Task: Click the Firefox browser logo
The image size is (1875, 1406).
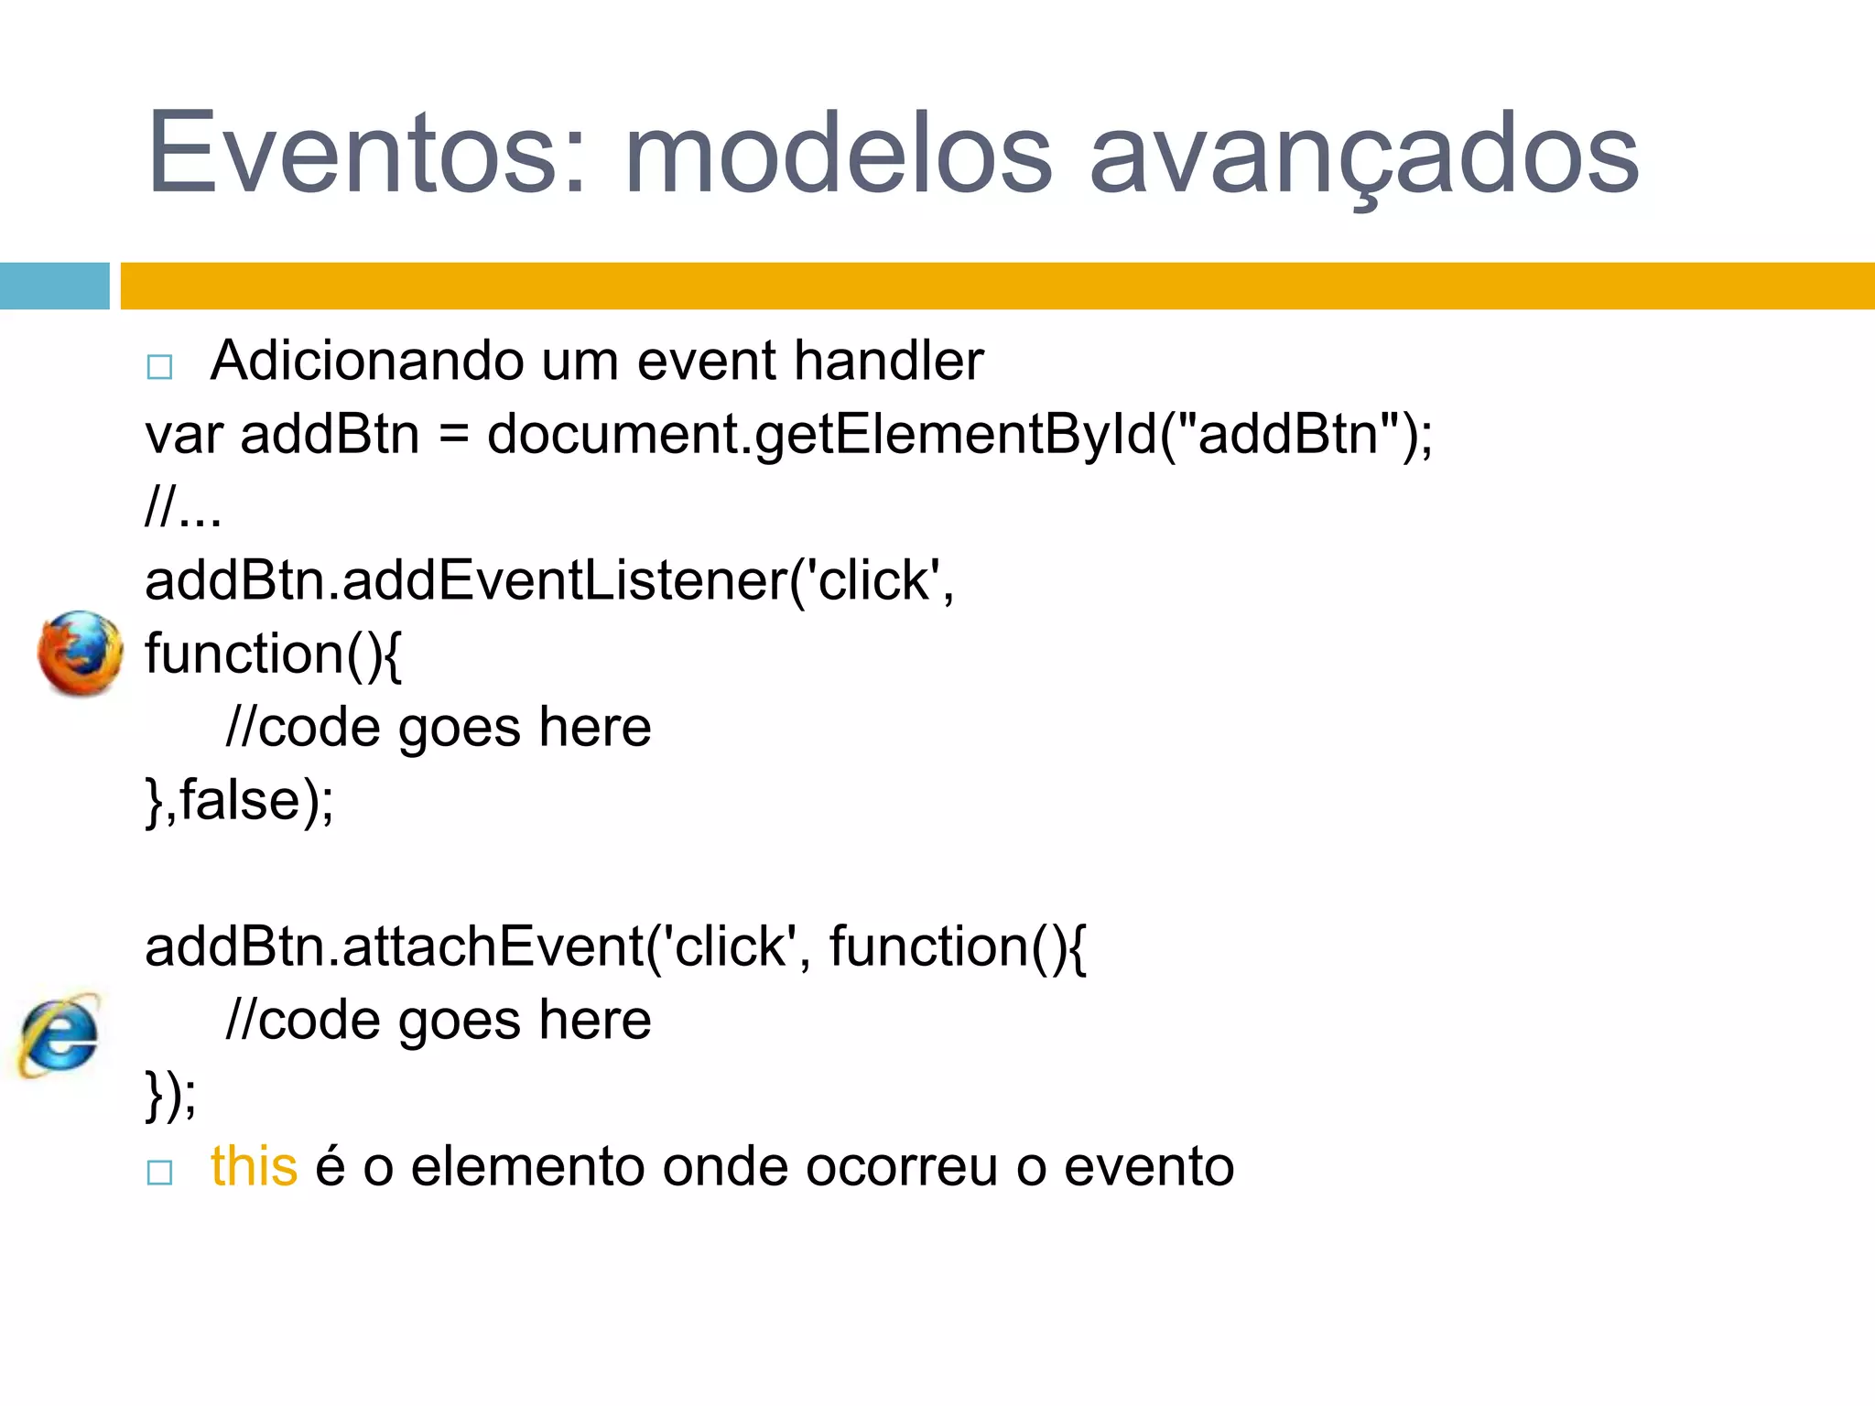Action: coord(80,654)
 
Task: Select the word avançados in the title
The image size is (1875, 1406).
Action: coord(1364,154)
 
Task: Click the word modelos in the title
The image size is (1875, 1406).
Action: coord(838,154)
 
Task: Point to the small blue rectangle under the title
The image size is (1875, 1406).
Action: coord(54,286)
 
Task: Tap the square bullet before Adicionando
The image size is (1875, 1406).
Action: coord(159,367)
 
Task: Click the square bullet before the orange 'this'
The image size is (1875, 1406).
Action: coord(159,1173)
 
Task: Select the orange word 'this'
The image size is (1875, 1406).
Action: coord(254,1167)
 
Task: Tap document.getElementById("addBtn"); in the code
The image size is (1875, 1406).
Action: coord(959,434)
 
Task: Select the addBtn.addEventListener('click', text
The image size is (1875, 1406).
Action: coord(549,580)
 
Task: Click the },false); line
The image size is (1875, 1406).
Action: coord(240,801)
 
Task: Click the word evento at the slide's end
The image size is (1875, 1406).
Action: coord(1149,1167)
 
